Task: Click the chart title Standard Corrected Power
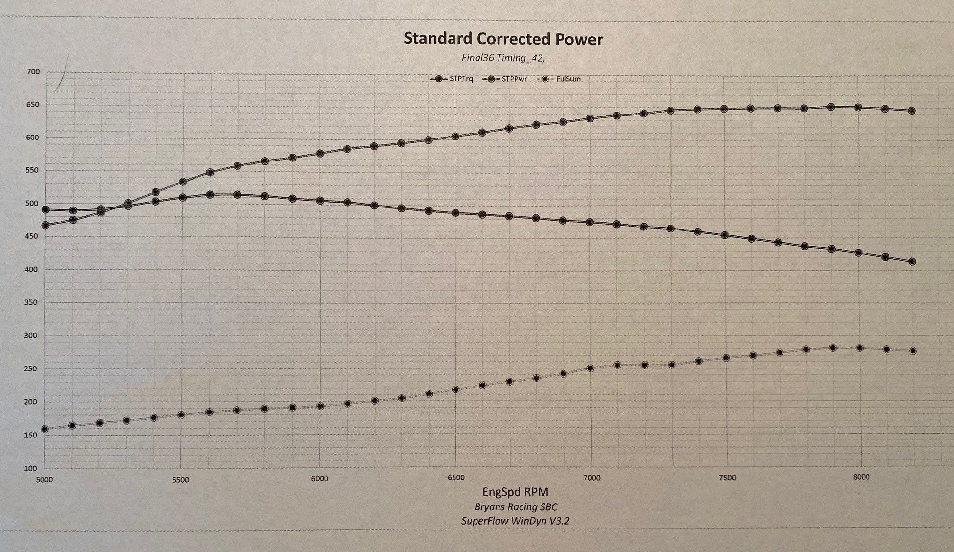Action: pyautogui.click(x=503, y=39)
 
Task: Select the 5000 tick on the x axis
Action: pyautogui.click(x=44, y=479)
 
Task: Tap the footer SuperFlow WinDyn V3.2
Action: pyautogui.click(x=515, y=521)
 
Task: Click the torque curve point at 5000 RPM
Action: pyautogui.click(x=45, y=209)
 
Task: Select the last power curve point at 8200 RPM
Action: pyautogui.click(x=911, y=111)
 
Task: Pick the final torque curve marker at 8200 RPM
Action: pyautogui.click(x=911, y=262)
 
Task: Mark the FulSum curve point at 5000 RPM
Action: pyautogui.click(x=45, y=429)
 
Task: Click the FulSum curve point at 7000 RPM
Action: pyautogui.click(x=590, y=368)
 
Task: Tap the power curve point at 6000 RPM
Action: pyautogui.click(x=320, y=154)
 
